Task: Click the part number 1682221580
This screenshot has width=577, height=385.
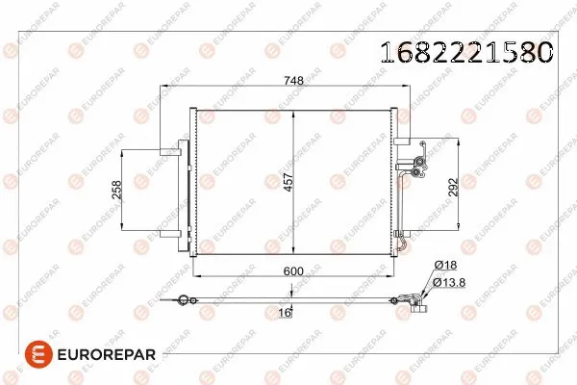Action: (x=468, y=51)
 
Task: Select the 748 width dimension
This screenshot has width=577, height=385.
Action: (x=295, y=81)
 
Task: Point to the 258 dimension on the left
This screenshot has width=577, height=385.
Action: (x=116, y=191)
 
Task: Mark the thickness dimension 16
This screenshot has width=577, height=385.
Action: (x=285, y=312)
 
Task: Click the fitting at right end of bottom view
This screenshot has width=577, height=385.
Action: (x=415, y=301)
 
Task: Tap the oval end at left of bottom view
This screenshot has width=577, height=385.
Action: (x=178, y=303)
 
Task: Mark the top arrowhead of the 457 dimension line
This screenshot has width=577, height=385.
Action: (x=291, y=113)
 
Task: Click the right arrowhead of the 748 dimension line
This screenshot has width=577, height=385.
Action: (x=408, y=90)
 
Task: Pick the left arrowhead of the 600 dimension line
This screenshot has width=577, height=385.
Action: (x=196, y=281)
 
